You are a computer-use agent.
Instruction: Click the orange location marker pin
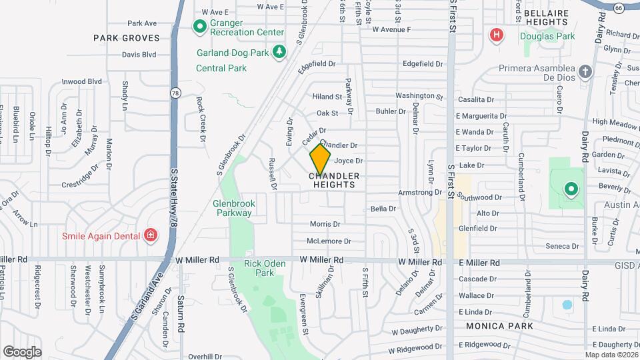(x=321, y=159)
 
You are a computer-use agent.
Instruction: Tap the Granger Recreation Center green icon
(x=199, y=27)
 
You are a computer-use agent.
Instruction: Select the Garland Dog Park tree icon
(x=280, y=51)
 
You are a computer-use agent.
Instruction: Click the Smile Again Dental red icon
(x=151, y=235)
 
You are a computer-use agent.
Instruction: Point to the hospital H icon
(x=495, y=35)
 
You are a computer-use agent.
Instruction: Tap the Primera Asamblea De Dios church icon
(x=585, y=72)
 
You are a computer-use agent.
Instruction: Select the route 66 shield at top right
(x=619, y=8)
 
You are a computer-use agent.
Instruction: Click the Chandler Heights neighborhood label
(x=334, y=180)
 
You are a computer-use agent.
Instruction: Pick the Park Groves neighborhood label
(x=127, y=38)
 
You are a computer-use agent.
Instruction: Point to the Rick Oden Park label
(x=265, y=268)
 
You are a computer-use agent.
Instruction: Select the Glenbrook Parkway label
(x=233, y=208)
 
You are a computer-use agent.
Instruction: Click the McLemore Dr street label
(x=324, y=241)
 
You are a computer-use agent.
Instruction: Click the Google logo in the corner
(x=23, y=351)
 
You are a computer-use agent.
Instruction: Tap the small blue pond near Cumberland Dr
(x=567, y=305)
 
